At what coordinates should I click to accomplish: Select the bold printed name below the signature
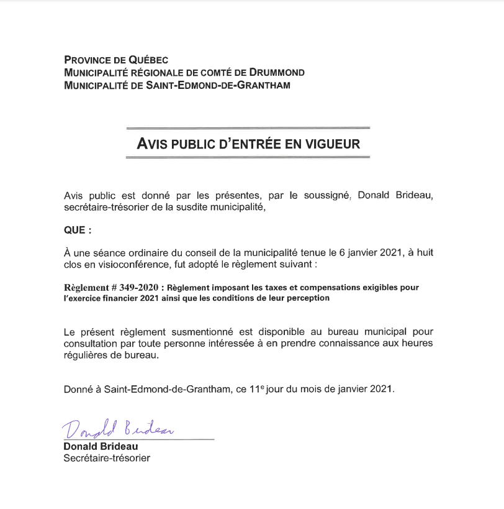tap(101, 446)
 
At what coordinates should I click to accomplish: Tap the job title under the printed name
tap(107, 459)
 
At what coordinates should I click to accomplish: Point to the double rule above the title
tap(248, 128)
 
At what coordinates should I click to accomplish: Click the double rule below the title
tap(248, 157)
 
